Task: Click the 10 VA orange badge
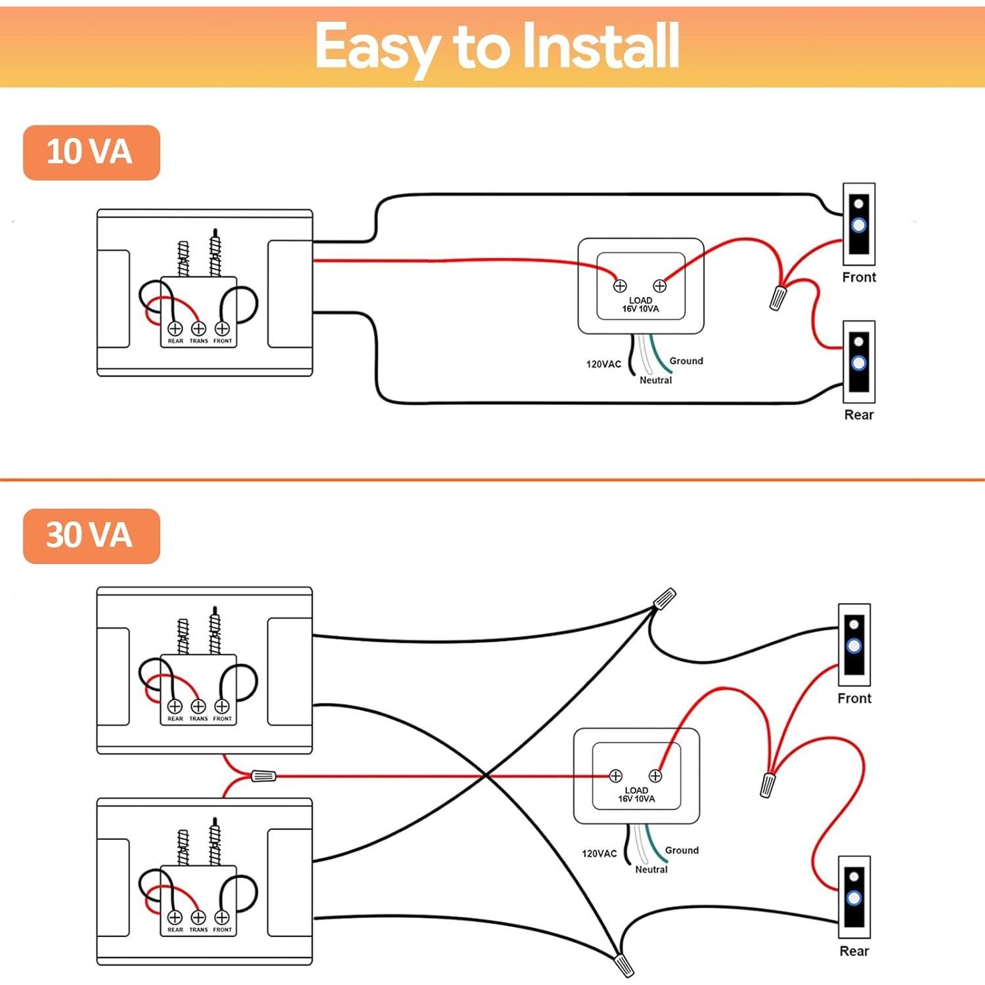pyautogui.click(x=91, y=152)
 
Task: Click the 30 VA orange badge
pyautogui.click(x=91, y=536)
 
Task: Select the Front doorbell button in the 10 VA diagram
pyautogui.click(x=859, y=225)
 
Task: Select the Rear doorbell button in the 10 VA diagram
pyautogui.click(x=859, y=362)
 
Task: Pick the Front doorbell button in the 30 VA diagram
pyautogui.click(x=854, y=646)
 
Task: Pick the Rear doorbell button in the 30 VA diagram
pyautogui.click(x=854, y=897)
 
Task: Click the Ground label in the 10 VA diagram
pyautogui.click(x=686, y=361)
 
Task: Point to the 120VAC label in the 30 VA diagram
pyautogui.click(x=599, y=854)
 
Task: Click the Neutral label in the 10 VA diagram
pyautogui.click(x=655, y=380)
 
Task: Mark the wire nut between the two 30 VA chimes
pyautogui.click(x=263, y=776)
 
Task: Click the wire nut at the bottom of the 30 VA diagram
pyautogui.click(x=624, y=965)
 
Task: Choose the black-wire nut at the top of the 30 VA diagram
pyautogui.click(x=665, y=598)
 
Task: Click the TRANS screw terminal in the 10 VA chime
pyautogui.click(x=198, y=328)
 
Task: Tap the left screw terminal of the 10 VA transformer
pyautogui.click(x=620, y=286)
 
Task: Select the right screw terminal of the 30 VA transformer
pyautogui.click(x=655, y=776)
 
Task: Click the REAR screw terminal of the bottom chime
pyautogui.click(x=175, y=917)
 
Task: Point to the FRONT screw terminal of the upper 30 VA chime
pyautogui.click(x=222, y=706)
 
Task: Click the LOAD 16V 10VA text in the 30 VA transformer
pyautogui.click(x=636, y=795)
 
